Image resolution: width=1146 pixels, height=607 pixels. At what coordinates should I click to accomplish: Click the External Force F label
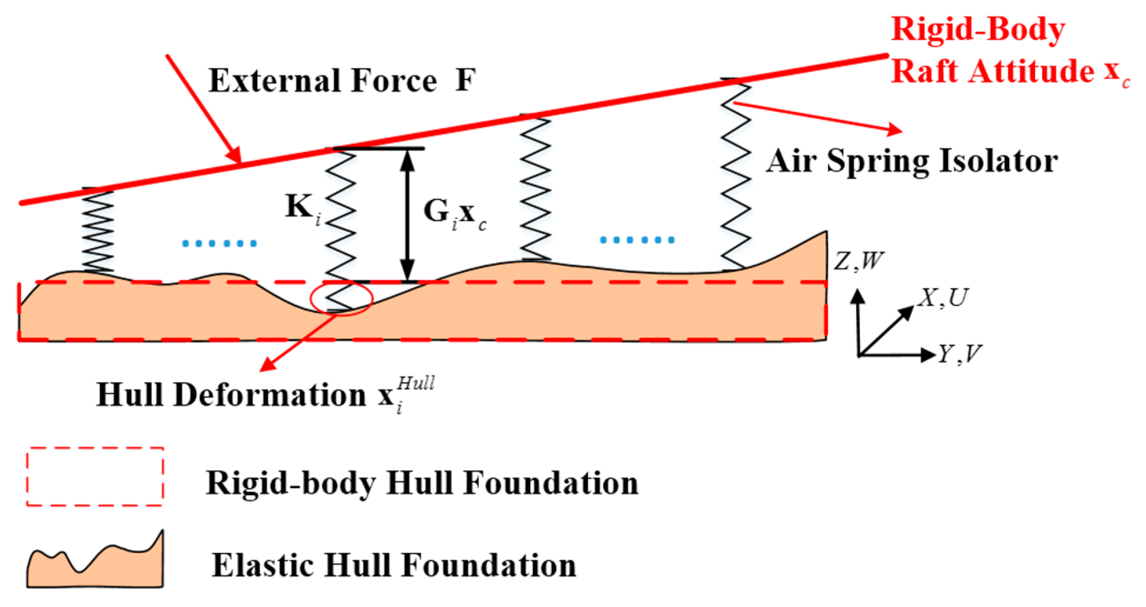(342, 80)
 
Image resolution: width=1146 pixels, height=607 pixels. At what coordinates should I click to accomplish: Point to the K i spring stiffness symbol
(302, 209)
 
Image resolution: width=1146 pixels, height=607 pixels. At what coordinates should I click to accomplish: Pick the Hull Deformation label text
(264, 394)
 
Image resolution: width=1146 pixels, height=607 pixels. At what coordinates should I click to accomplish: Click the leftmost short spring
(98, 230)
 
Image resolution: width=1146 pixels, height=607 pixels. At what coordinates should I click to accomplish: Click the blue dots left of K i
(219, 243)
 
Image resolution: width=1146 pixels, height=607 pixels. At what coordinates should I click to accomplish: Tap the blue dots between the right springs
(637, 240)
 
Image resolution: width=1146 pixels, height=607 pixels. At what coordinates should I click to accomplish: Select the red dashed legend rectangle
(95, 477)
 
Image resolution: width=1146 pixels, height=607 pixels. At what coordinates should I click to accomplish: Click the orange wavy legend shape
(95, 563)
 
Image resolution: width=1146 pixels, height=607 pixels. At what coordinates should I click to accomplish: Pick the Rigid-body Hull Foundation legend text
(422, 483)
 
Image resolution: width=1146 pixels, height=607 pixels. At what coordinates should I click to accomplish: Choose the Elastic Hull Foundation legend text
(393, 565)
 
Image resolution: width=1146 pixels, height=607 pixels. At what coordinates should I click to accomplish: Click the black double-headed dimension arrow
(407, 215)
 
